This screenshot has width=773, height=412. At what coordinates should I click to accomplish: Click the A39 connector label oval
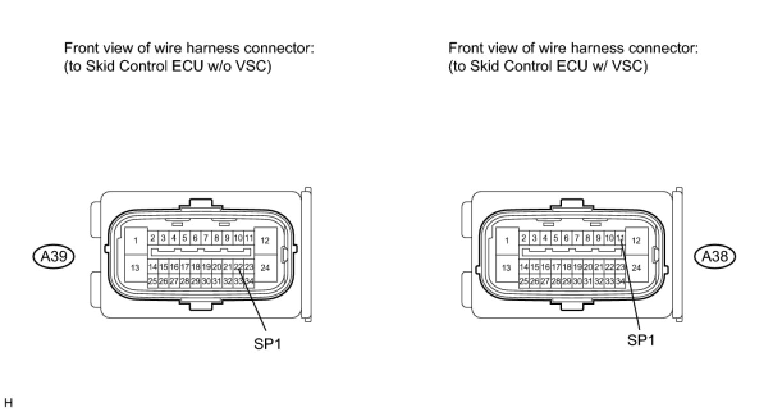click(54, 257)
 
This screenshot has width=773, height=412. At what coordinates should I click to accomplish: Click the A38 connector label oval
click(715, 257)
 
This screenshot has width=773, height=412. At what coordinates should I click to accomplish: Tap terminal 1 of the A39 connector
click(136, 241)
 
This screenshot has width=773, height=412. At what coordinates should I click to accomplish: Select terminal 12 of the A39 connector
click(265, 241)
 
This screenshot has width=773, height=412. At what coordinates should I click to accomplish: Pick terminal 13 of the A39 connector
click(136, 268)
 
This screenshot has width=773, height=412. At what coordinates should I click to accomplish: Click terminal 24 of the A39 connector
click(265, 268)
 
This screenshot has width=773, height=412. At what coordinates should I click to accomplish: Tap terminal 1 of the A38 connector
click(507, 241)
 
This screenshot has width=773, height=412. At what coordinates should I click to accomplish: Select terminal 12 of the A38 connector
click(636, 241)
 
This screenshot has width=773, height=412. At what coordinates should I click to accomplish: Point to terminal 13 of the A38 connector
click(507, 268)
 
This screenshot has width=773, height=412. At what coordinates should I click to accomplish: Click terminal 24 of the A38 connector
click(636, 268)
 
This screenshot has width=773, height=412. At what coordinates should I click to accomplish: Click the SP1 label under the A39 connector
click(267, 344)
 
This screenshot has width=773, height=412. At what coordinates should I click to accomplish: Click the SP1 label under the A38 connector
click(641, 340)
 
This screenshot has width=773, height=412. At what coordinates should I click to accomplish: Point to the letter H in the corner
click(8, 403)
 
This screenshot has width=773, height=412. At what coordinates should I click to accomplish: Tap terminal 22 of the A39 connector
click(238, 267)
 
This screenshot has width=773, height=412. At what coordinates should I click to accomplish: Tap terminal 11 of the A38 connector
click(620, 238)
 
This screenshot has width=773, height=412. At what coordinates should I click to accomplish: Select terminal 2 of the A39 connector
click(153, 238)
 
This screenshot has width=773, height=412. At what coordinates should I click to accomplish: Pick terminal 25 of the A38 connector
click(524, 281)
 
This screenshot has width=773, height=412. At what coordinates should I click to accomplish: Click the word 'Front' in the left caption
click(80, 49)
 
